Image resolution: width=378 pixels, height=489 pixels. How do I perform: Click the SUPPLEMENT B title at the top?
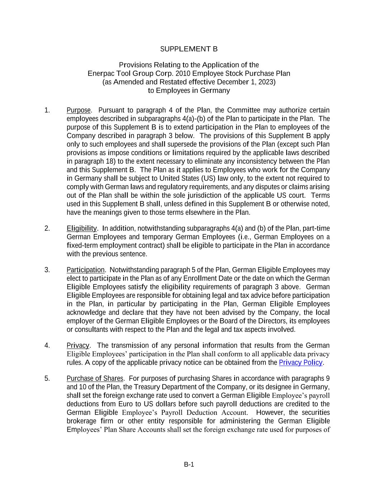(189, 49)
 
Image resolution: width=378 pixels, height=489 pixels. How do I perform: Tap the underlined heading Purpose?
(78, 110)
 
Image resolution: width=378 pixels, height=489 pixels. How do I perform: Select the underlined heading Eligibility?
(82, 229)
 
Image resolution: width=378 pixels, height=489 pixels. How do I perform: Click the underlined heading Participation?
(85, 270)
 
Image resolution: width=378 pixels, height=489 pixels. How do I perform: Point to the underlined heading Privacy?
(78, 345)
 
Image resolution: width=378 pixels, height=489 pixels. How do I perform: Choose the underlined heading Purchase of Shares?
(95, 378)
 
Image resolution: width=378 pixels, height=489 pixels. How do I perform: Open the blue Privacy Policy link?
(301, 363)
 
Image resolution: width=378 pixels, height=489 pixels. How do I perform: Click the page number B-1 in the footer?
(189, 465)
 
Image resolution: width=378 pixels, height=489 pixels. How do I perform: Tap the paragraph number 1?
(47, 110)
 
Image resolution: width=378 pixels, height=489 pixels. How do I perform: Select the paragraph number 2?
(47, 229)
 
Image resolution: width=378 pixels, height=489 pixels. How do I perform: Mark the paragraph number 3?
(47, 270)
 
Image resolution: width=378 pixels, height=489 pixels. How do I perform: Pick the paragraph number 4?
(47, 345)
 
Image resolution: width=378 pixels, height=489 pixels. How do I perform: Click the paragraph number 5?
(47, 378)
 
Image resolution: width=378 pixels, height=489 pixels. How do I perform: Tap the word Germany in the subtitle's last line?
(215, 90)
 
